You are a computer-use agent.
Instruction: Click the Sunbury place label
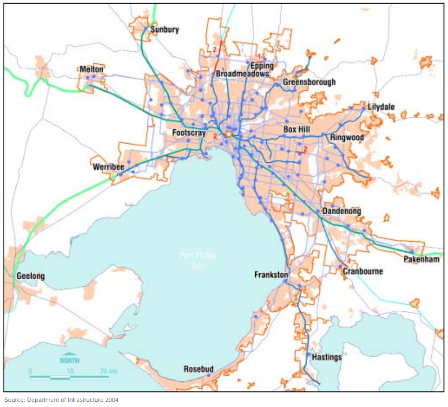coord(164,30)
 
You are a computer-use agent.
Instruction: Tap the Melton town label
coord(92,69)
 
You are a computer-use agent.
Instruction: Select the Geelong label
coord(31,276)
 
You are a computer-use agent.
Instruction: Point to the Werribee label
coord(108,167)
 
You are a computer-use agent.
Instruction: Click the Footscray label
coord(189,133)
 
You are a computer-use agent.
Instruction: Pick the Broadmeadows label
coord(243,74)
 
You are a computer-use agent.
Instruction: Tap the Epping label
coord(262,66)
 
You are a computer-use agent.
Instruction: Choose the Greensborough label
coord(309,82)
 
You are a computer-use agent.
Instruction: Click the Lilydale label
coord(381,107)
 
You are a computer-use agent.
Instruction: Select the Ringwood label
coord(347,138)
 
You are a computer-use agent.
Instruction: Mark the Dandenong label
coord(341,212)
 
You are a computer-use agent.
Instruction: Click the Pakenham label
coord(422,259)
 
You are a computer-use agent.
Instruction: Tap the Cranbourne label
coord(362,271)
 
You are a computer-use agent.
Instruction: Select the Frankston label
coord(271,275)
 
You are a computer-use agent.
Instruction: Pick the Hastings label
coord(327,357)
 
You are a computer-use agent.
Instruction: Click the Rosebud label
coord(199,369)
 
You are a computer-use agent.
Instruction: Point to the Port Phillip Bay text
coord(197,260)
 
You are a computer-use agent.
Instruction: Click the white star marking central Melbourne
coord(229,134)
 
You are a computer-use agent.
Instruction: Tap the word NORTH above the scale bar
coord(69,360)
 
